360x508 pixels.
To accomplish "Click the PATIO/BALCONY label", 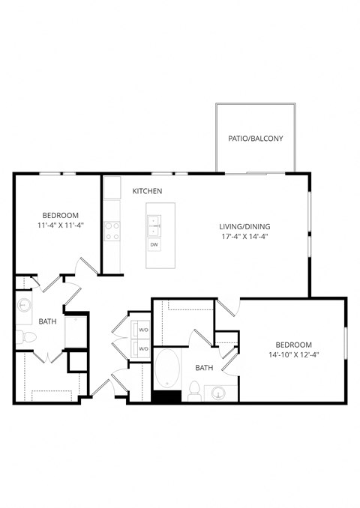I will tap(256, 139).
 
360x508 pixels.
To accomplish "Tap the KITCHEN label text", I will tap(147, 192).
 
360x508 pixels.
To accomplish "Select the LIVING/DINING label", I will tap(244, 227).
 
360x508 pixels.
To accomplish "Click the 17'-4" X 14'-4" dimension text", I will tap(244, 238).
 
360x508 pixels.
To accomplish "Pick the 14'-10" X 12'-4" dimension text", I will tap(293, 354).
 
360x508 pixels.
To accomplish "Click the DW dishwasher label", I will tap(154, 244).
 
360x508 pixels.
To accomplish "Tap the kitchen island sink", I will tap(154, 221).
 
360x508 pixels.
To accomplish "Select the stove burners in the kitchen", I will tap(112, 230).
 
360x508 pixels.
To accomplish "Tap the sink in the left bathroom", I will tap(24, 306).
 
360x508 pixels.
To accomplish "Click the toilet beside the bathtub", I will tap(193, 390).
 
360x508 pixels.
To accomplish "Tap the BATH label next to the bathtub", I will tap(204, 368).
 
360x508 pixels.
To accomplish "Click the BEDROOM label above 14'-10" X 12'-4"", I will tap(293, 344).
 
